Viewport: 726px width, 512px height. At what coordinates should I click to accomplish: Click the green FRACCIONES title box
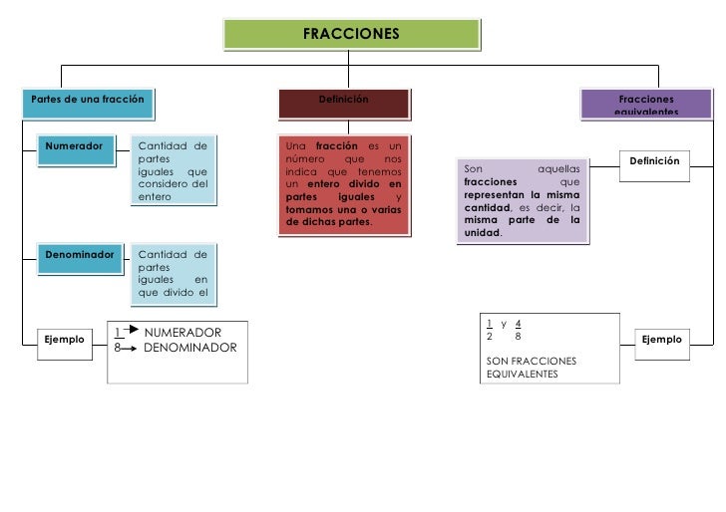click(x=350, y=34)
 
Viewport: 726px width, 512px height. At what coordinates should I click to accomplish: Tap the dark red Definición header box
click(x=344, y=101)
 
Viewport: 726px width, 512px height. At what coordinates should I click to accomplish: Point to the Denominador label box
click(x=80, y=254)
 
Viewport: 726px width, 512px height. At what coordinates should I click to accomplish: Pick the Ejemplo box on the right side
click(x=662, y=340)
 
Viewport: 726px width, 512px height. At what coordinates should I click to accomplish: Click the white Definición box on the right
click(x=654, y=160)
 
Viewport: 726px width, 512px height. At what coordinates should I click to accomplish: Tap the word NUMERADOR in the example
click(x=182, y=332)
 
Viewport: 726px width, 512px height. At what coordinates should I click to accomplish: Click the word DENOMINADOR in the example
click(x=190, y=348)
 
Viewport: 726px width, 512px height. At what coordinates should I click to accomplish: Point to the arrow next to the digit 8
click(x=130, y=349)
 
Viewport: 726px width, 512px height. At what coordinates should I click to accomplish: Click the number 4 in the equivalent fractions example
click(x=519, y=323)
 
